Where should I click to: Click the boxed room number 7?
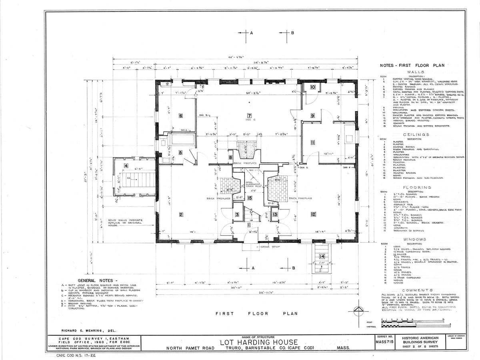pos(249,116)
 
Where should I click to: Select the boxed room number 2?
pos(181,215)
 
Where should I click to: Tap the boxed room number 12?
pos(313,215)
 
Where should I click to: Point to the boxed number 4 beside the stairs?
pos(126,166)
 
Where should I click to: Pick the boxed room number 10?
pos(313,87)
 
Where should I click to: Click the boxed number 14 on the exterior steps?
pos(322,256)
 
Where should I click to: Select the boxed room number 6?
pos(181,116)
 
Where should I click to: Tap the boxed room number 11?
pos(313,142)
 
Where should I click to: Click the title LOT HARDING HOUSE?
pos(259,342)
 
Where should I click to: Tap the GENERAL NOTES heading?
pos(98,280)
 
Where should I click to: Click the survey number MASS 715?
pos(383,342)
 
